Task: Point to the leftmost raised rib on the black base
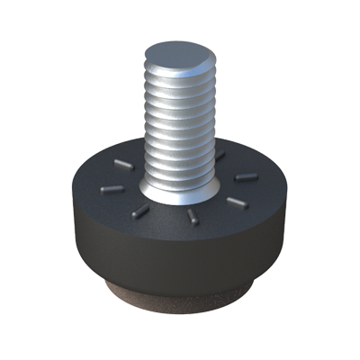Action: [x=106, y=189]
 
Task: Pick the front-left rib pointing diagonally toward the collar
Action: [x=139, y=212]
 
